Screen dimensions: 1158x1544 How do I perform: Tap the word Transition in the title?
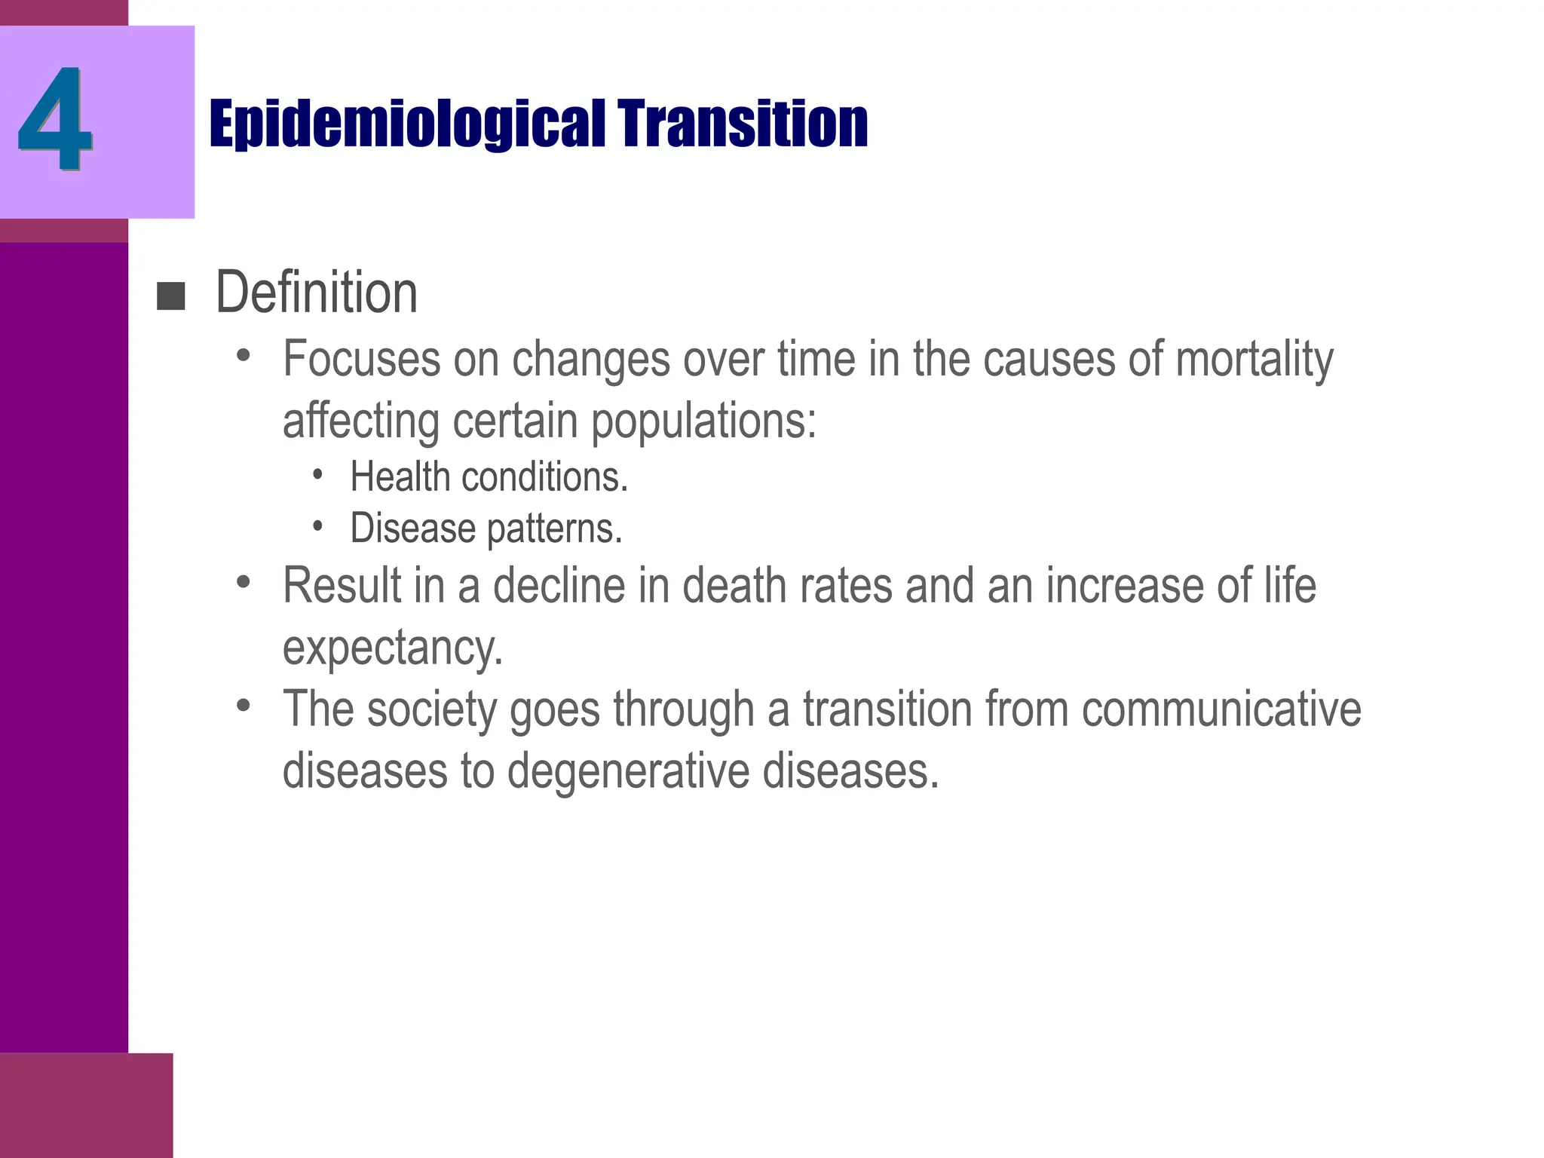[x=743, y=124]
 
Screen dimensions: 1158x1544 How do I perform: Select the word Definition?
[x=317, y=293]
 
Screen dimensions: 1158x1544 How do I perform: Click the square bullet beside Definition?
[x=170, y=296]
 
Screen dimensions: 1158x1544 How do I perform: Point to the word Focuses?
[x=361, y=359]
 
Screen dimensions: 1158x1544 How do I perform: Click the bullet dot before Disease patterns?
[x=318, y=525]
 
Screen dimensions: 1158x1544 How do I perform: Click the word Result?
[x=343, y=585]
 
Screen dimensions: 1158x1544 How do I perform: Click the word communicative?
[x=1221, y=709]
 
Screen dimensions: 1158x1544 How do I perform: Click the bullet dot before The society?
[x=243, y=706]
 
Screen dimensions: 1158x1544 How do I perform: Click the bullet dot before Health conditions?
[x=318, y=475]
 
